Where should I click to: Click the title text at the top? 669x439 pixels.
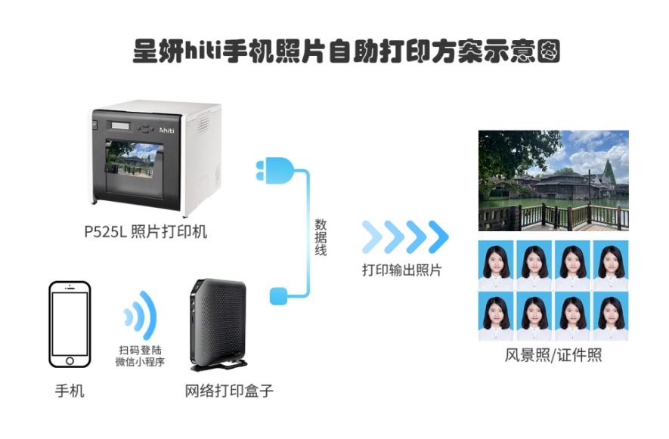tap(346, 51)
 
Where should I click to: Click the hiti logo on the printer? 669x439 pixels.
tap(166, 130)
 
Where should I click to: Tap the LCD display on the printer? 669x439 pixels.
tap(121, 126)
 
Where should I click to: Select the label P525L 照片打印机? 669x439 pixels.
tap(145, 232)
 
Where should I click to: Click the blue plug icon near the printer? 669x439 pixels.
tap(274, 171)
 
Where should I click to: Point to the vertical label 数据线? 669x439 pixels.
tap(321, 237)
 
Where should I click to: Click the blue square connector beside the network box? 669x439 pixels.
tap(279, 296)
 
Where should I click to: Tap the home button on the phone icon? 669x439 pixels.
tap(70, 361)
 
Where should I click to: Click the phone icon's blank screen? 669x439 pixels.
tap(70, 323)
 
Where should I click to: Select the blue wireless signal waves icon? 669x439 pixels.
tap(141, 316)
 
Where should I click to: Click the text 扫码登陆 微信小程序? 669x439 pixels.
tap(140, 356)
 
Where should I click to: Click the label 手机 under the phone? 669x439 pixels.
tap(70, 391)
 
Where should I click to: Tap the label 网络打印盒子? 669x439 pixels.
tap(229, 391)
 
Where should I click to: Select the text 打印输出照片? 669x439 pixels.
tap(401, 270)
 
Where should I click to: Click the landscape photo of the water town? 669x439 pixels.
tap(553, 181)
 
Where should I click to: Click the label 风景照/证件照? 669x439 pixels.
tap(553, 355)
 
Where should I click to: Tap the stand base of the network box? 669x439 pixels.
tap(219, 365)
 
